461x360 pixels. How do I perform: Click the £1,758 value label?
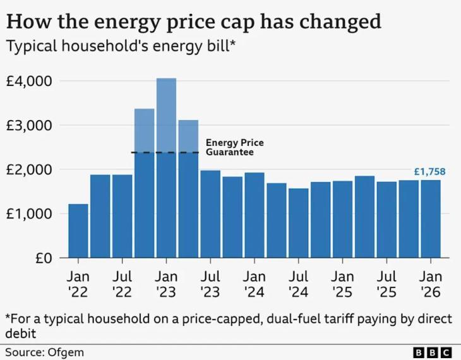click(429, 171)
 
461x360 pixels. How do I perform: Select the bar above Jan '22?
click(78, 231)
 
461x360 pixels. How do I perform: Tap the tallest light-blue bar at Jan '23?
click(167, 116)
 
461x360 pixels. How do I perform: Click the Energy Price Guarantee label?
click(235, 147)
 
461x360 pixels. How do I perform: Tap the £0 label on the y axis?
click(44, 258)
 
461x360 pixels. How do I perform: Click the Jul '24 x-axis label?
click(299, 284)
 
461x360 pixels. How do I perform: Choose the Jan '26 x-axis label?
click(431, 284)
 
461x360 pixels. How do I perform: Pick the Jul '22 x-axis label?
click(122, 284)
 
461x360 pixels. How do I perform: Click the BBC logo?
click(432, 352)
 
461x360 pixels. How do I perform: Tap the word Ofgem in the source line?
click(66, 352)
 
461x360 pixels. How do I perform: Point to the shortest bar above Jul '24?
click(299, 223)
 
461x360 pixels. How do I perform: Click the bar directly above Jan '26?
click(431, 219)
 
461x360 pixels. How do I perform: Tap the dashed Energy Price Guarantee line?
click(165, 152)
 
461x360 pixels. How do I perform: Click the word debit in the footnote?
click(21, 333)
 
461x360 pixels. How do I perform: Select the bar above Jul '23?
click(210, 214)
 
